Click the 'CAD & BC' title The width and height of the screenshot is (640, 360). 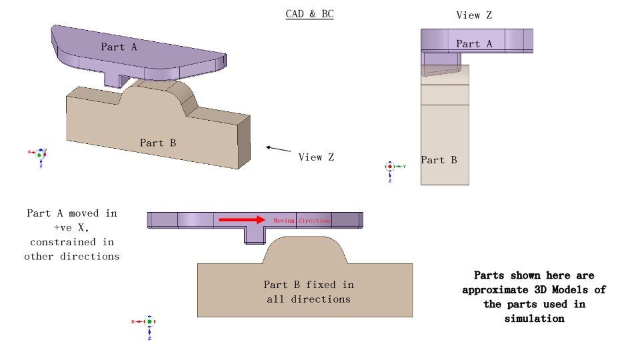[x=309, y=13]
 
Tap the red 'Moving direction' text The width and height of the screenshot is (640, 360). [x=301, y=221]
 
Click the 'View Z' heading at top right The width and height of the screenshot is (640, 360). [x=474, y=15]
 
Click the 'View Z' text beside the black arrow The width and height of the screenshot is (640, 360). [x=316, y=157]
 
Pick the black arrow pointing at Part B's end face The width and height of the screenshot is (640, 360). [x=278, y=149]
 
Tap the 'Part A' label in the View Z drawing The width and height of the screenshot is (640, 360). [x=474, y=44]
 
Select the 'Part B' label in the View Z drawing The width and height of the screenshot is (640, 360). [x=439, y=160]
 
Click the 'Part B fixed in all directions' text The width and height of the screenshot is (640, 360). [x=308, y=292]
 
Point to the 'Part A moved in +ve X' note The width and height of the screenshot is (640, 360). [x=72, y=235]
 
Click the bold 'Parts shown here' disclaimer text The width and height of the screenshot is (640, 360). [x=534, y=297]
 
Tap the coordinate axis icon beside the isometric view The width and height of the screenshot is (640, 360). [x=39, y=155]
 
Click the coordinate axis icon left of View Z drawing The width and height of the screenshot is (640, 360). [x=390, y=168]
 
